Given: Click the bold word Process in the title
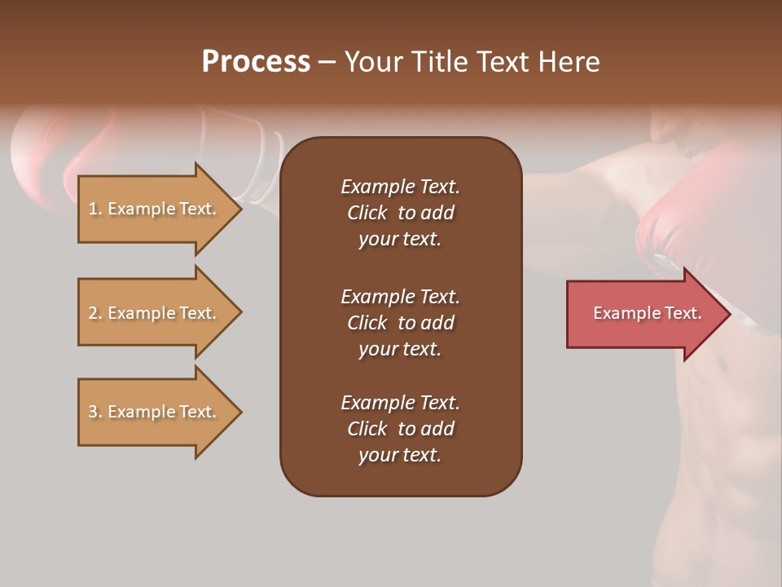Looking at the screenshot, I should [x=256, y=62].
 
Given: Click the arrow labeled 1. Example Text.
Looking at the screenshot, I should [x=155, y=209].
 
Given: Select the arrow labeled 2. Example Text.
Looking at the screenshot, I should [x=155, y=313].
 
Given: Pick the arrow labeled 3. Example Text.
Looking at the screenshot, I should [x=155, y=412].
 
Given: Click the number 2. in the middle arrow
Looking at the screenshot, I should [x=95, y=313].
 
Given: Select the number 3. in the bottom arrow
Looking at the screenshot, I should [x=95, y=412].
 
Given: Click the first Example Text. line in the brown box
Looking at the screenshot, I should [x=400, y=187].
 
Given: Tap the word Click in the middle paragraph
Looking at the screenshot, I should [x=367, y=323].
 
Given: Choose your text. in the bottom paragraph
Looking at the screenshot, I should [x=400, y=455].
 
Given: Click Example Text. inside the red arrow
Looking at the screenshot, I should [x=648, y=313].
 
